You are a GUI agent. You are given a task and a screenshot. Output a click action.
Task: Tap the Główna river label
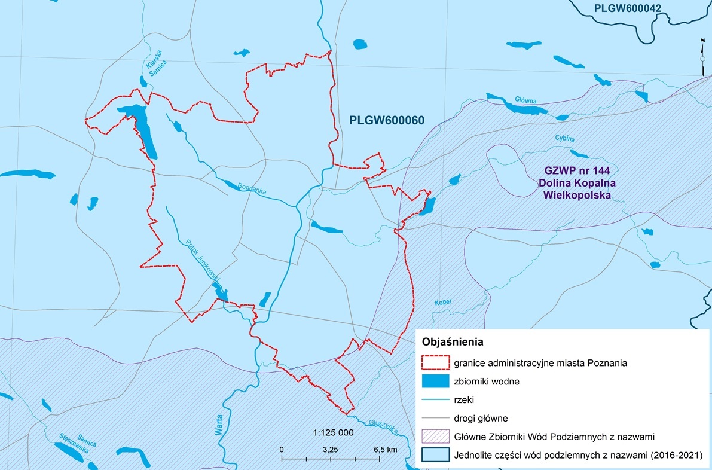[x=525, y=100]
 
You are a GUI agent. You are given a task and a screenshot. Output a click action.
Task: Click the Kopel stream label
[x=442, y=302]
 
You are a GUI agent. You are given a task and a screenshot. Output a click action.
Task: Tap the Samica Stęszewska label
[x=78, y=443]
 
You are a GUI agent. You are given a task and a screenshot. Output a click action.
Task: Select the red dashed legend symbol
[x=435, y=362]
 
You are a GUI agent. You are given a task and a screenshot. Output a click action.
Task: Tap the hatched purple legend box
[x=435, y=437]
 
